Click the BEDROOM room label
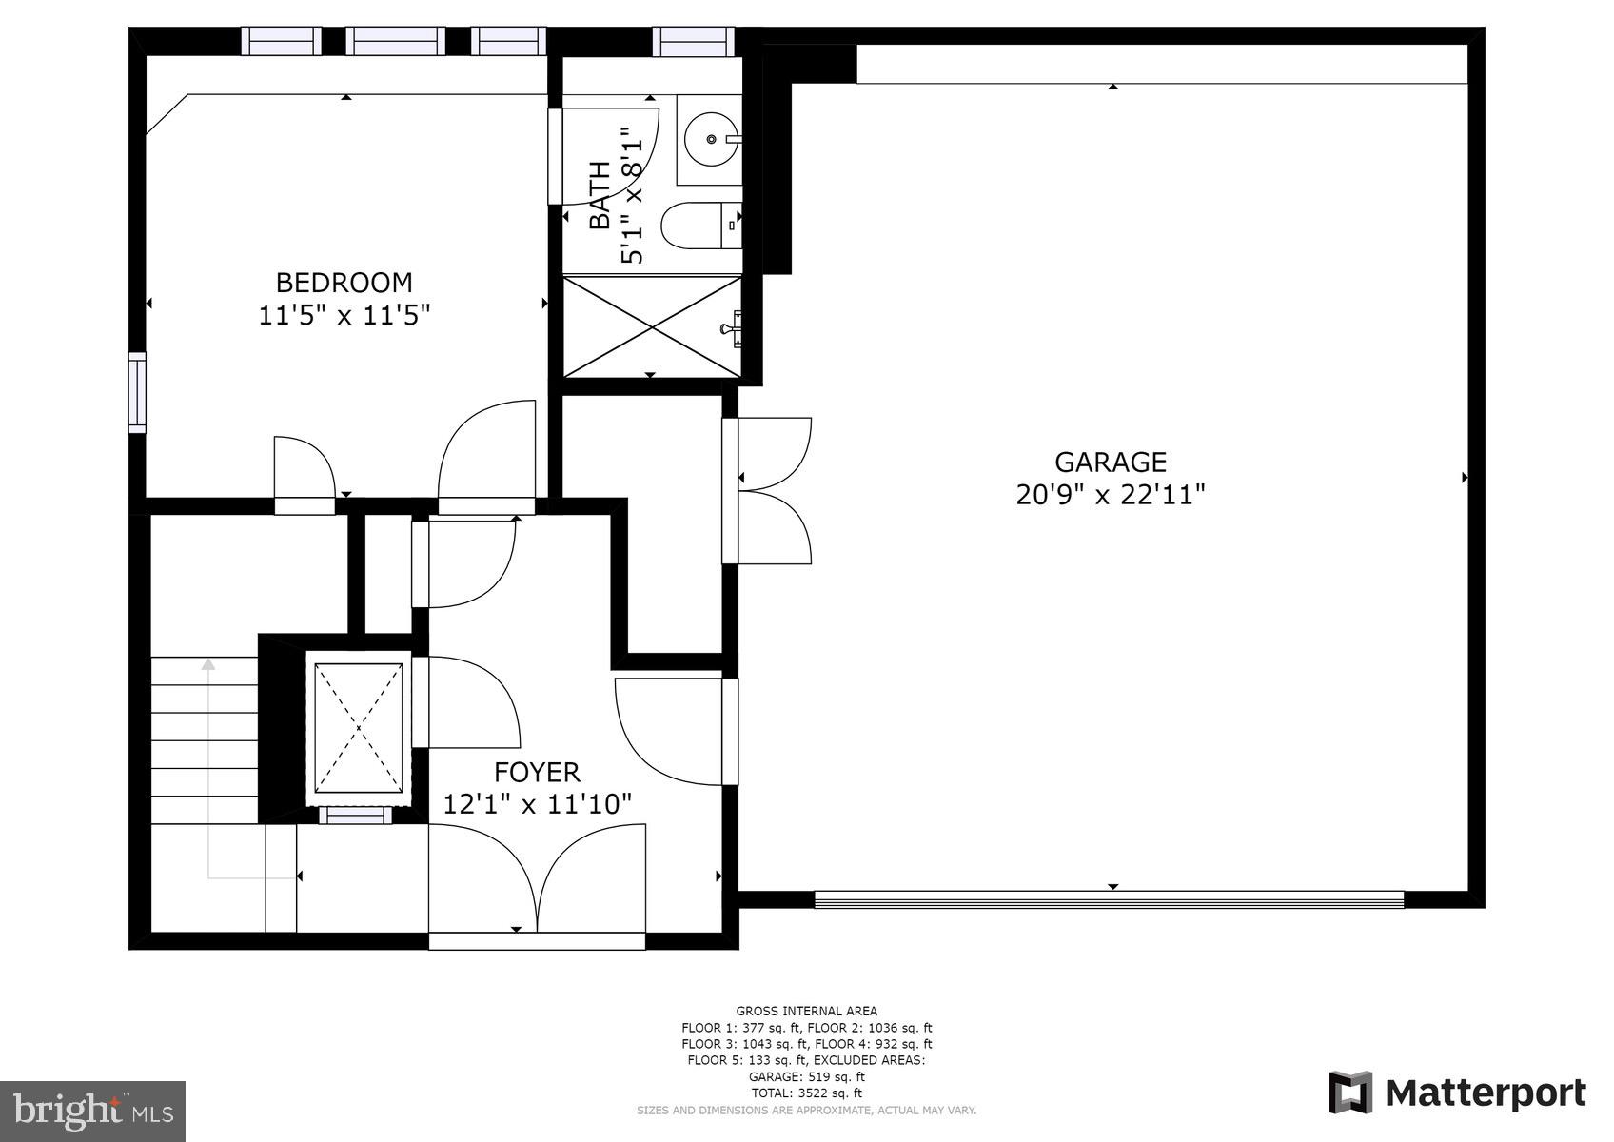[344, 283]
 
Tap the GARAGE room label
[1110, 463]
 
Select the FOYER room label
[537, 773]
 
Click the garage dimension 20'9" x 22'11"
[1110, 495]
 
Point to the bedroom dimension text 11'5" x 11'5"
[344, 315]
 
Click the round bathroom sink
[712, 139]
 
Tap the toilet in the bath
[700, 226]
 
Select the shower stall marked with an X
[652, 326]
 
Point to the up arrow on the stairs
[207, 664]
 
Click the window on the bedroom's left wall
[137, 392]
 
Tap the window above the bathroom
[693, 41]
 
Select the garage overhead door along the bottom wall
[1109, 899]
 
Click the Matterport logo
[1457, 1093]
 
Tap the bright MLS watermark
[92, 1111]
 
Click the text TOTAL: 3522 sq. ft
[806, 1093]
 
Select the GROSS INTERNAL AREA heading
[806, 1011]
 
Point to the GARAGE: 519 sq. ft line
[806, 1077]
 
